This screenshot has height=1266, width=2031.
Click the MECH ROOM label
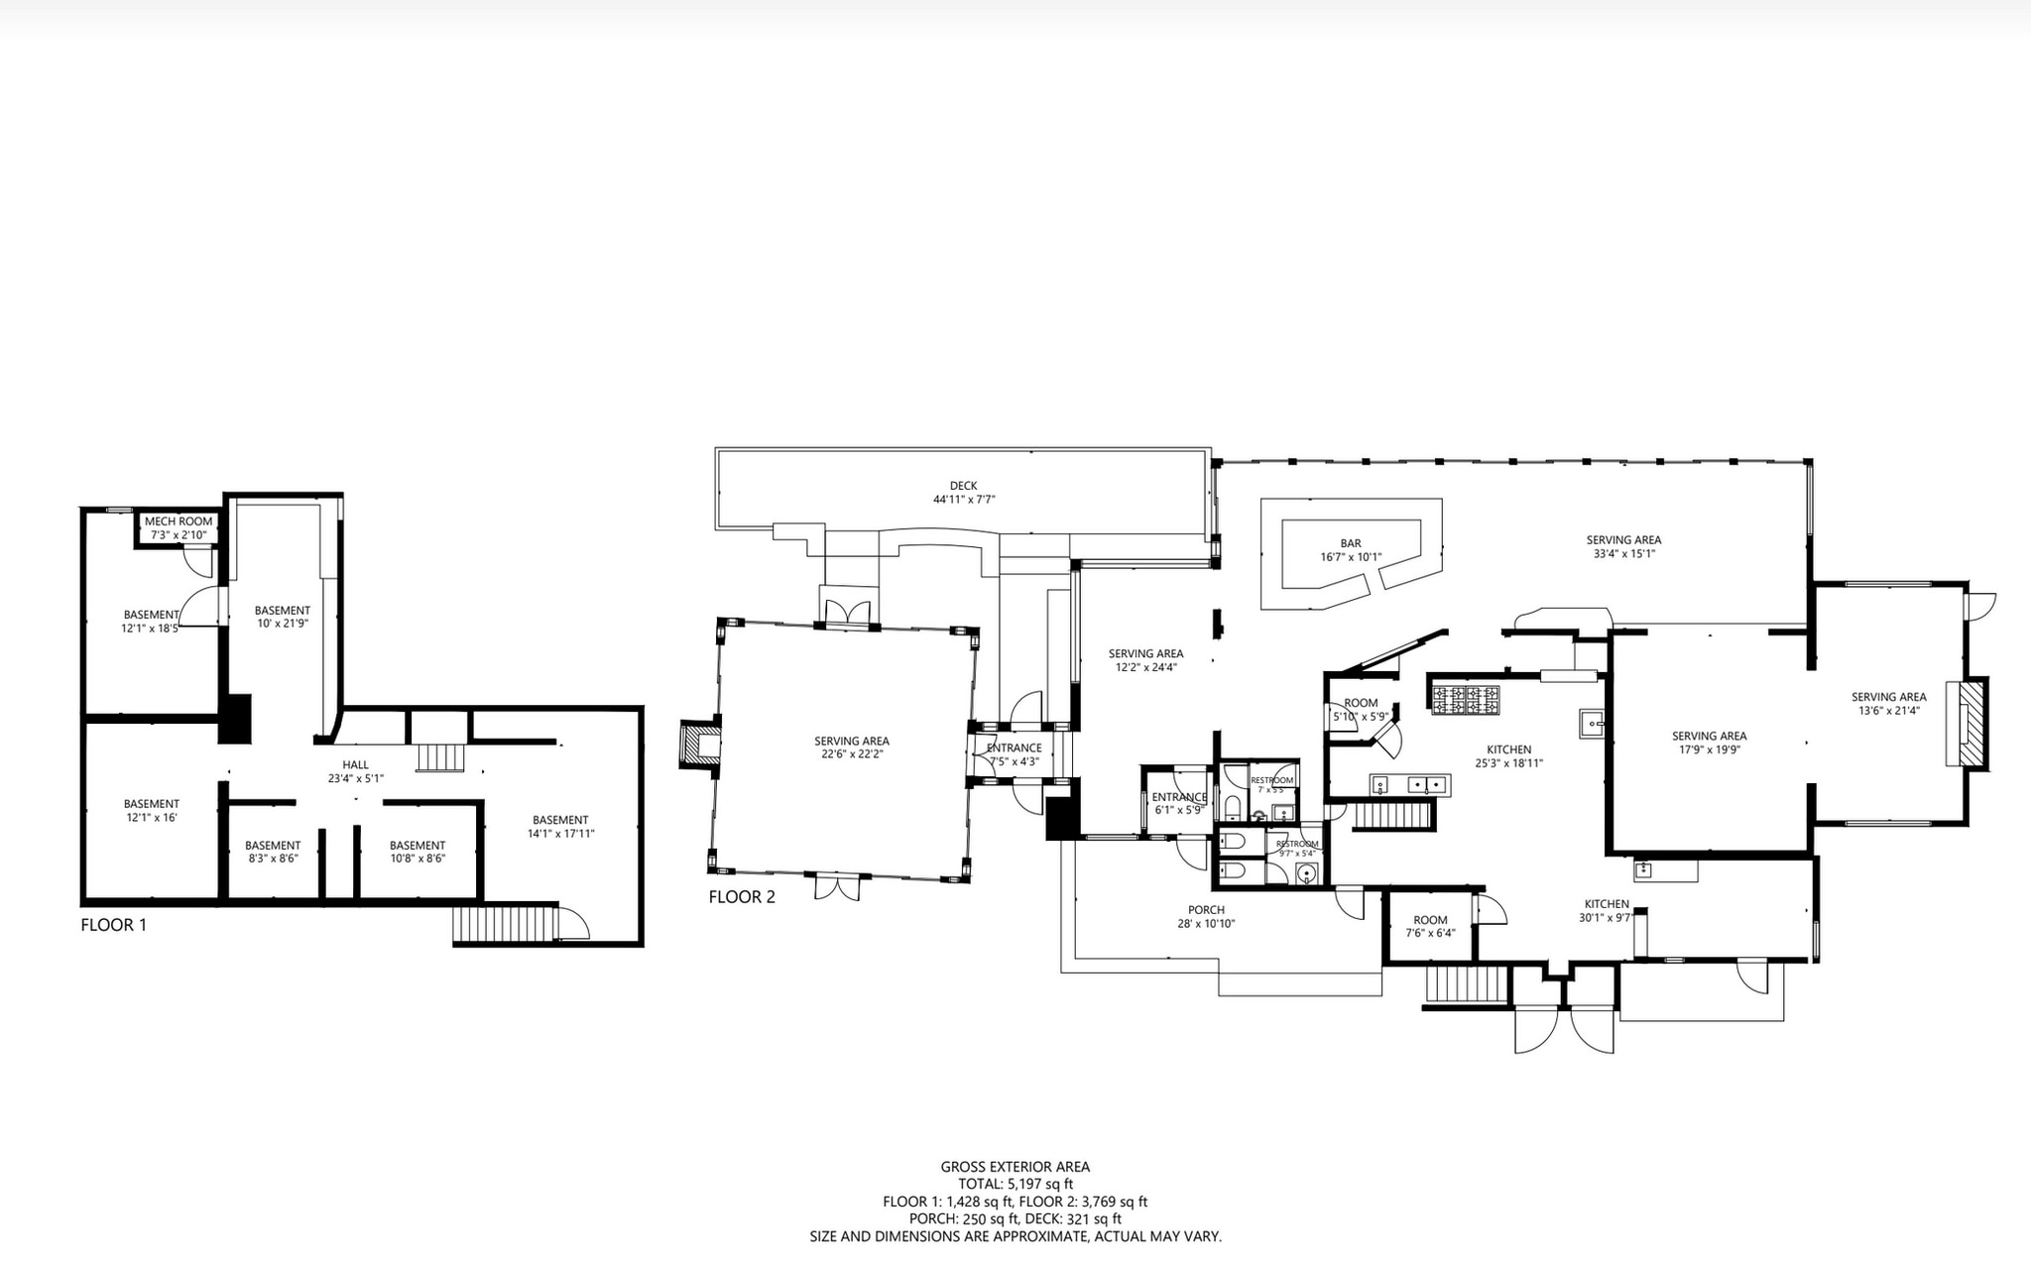179,521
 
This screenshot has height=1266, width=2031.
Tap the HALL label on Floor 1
355,764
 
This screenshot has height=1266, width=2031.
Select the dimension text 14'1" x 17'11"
560,834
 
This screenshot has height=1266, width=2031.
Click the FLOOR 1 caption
113,925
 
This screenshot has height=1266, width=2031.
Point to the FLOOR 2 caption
741,897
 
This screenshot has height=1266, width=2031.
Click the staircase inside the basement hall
439,757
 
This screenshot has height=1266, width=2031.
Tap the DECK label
963,486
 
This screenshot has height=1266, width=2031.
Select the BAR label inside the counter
1350,543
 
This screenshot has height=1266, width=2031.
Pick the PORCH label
1206,910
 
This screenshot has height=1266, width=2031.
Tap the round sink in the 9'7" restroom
1308,874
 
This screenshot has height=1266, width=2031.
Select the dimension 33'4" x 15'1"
1623,554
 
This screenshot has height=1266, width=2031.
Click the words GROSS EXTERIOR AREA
1015,1167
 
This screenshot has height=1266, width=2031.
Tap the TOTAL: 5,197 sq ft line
1015,1184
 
